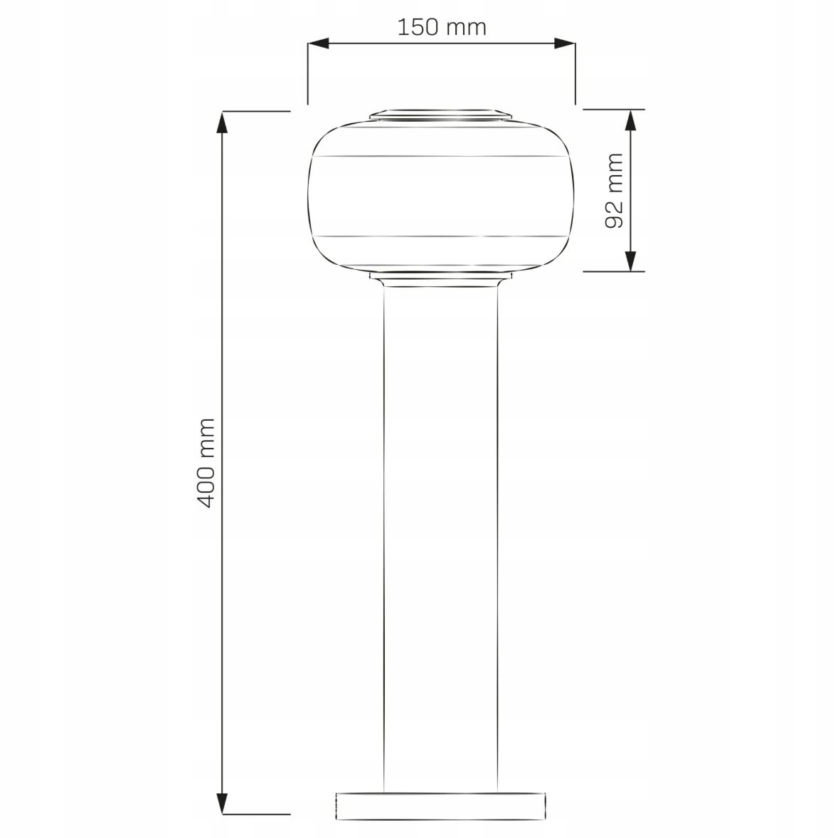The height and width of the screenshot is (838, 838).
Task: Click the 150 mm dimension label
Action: [x=442, y=27]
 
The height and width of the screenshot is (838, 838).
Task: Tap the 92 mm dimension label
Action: [x=615, y=190]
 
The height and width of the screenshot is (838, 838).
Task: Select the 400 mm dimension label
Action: [x=206, y=463]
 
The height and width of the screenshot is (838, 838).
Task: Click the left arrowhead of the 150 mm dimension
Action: [x=318, y=43]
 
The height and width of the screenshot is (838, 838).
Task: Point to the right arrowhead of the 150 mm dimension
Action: [x=565, y=43]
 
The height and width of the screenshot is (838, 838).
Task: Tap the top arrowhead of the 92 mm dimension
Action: [x=631, y=120]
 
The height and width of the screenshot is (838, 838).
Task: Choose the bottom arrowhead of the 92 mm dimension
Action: [x=631, y=261]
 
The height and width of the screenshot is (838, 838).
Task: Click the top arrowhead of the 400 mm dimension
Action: [x=223, y=122]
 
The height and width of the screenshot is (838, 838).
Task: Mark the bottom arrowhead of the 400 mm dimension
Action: [x=223, y=803]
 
